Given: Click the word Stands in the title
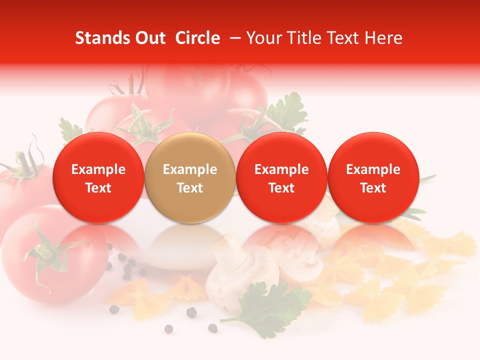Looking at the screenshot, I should click(x=102, y=38).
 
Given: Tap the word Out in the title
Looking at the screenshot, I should click(x=150, y=38).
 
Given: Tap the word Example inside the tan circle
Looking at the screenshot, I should click(x=190, y=169).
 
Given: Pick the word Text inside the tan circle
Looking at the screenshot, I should click(x=190, y=188).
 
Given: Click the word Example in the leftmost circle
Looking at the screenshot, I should click(x=98, y=169).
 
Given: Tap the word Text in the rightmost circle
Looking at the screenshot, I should click(x=373, y=188).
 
